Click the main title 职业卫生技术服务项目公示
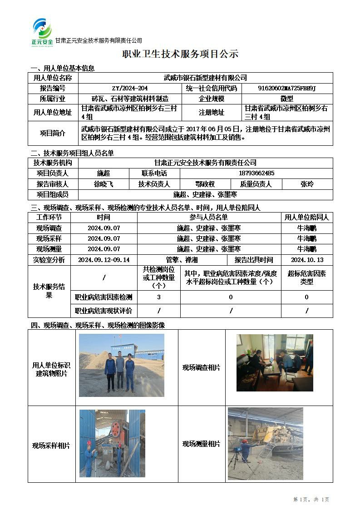[180, 54]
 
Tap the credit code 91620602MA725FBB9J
[286, 89]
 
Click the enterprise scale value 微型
[286, 99]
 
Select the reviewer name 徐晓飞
[104, 184]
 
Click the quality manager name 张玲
[307, 184]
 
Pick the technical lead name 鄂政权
[205, 184]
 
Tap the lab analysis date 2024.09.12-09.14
[104, 260]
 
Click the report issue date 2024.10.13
[307, 260]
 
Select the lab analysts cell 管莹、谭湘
[182, 260]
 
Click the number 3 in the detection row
[159, 297]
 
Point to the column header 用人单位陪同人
[307, 218]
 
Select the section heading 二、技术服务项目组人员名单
[72, 153]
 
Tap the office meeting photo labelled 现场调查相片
[274, 363]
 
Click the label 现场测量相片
[201, 444]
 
